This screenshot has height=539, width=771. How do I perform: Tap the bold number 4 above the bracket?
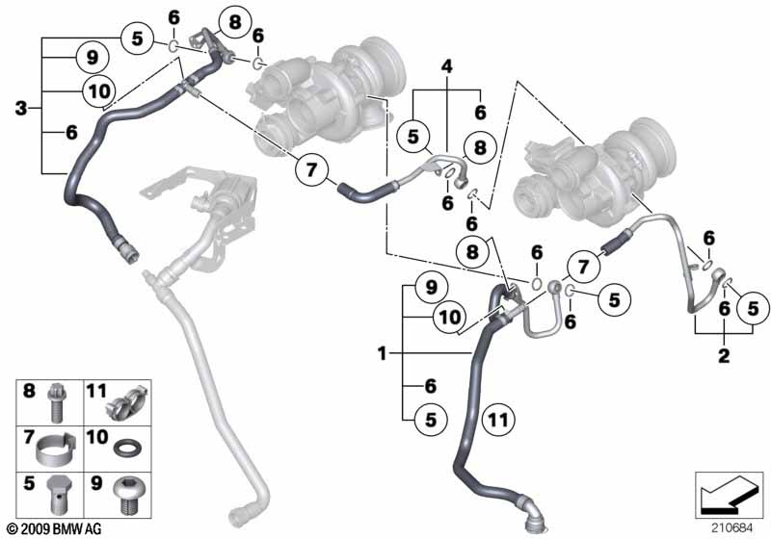pyautogui.click(x=445, y=66)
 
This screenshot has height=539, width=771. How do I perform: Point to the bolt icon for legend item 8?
pyautogui.click(x=56, y=403)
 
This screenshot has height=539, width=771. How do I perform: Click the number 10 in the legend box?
pyautogui.click(x=96, y=438)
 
